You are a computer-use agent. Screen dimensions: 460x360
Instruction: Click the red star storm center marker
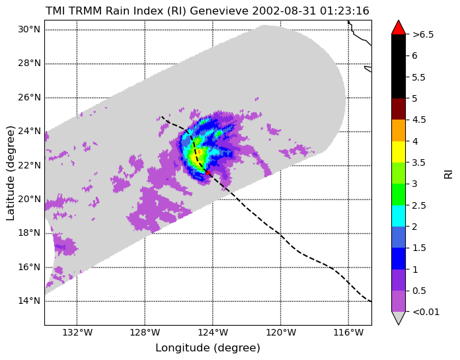208,172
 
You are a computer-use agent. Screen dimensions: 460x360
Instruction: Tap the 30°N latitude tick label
29,30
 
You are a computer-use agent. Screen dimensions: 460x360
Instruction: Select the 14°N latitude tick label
29,301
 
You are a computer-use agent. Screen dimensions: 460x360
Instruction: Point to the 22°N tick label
29,165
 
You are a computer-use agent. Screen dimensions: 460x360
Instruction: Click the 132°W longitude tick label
77,333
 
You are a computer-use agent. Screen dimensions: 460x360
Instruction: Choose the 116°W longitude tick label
349,333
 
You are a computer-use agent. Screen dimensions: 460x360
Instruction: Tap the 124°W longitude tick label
213,333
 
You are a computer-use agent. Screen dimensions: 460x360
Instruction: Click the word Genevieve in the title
219,11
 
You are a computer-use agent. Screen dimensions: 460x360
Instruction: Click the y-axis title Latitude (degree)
10,173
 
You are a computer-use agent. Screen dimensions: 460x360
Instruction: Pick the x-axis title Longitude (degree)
208,348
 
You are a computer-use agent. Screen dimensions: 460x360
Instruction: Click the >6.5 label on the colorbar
423,34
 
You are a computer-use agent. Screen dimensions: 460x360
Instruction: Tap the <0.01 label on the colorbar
426,312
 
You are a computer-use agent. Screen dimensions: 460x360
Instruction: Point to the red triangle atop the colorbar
399,28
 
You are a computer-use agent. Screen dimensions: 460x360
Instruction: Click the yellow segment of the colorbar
399,152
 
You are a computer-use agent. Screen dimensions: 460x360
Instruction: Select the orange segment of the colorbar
399,130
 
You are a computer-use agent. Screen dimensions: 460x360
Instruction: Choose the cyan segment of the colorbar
399,216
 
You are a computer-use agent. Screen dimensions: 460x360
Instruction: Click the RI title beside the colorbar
449,173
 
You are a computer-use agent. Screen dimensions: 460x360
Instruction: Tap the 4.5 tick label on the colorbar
419,120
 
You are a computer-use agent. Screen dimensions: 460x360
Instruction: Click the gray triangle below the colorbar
399,317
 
